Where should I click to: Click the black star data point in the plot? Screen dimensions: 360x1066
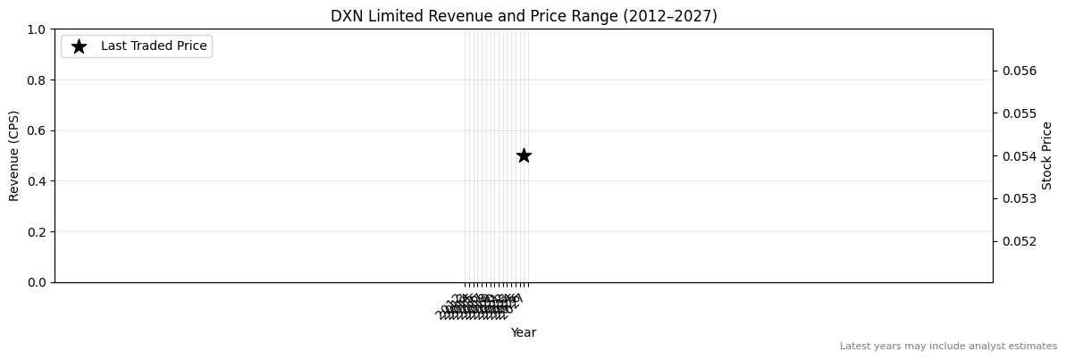[524, 155]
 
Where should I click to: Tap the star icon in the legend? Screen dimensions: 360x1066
[79, 46]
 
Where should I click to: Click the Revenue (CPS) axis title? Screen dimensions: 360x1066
[14, 155]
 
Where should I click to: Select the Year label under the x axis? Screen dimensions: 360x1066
[524, 332]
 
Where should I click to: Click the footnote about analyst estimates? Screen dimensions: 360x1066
[948, 346]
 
